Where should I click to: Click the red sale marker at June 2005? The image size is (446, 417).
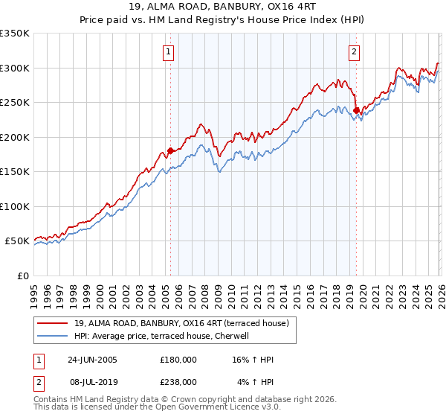[170, 150]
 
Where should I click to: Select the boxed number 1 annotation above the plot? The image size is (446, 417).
[170, 52]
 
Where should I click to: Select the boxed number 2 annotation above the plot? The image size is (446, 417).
[354, 52]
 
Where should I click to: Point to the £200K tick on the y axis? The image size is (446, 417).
[15, 137]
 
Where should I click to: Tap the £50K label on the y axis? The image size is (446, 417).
[17, 241]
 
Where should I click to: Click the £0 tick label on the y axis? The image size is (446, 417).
[22, 276]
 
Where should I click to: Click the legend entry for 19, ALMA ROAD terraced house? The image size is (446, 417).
[186, 322]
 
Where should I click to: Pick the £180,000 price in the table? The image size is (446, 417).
[178, 360]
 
